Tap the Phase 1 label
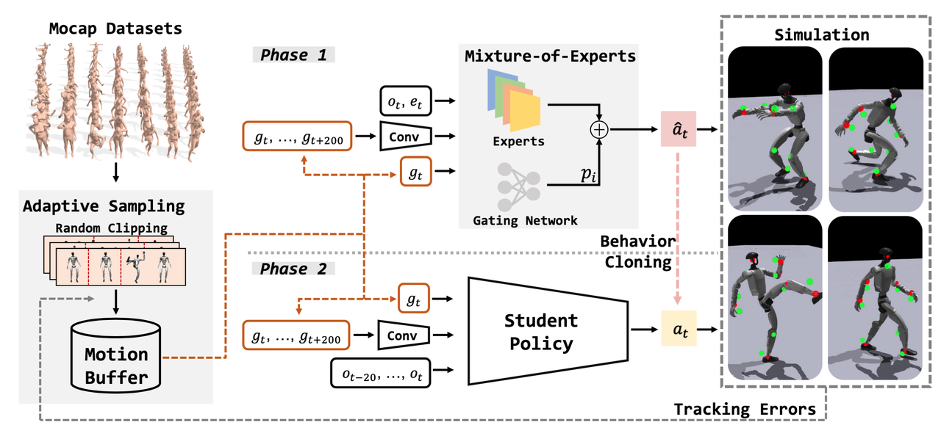click(292, 55)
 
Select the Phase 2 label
click(292, 269)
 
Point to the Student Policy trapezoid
click(540, 331)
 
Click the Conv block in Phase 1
click(405, 136)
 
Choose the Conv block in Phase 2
click(402, 336)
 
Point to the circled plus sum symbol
click(601, 129)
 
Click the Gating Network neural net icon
click(519, 184)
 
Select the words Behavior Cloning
click(637, 252)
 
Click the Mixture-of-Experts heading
click(549, 56)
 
